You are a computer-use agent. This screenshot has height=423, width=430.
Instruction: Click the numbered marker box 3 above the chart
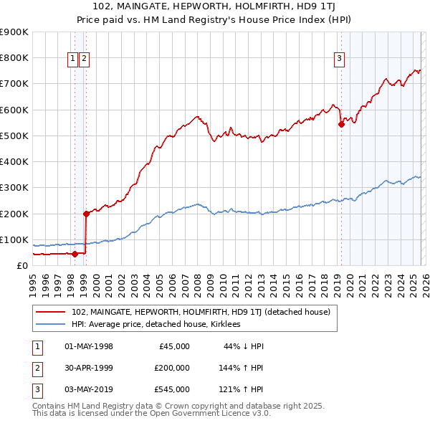(x=338, y=60)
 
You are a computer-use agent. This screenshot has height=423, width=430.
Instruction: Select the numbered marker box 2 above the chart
(x=85, y=60)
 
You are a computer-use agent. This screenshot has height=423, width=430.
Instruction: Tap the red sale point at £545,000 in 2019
(x=341, y=124)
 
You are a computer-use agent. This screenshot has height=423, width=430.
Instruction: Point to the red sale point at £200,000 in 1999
(x=86, y=213)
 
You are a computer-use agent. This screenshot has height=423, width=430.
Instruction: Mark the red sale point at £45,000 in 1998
(x=75, y=253)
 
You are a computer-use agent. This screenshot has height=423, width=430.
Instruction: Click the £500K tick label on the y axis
(x=14, y=136)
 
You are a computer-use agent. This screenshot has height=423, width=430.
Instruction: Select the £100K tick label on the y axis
(x=14, y=239)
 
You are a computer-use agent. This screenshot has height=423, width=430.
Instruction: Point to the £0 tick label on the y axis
(x=21, y=265)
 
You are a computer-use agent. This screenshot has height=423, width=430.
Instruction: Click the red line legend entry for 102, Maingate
(x=201, y=312)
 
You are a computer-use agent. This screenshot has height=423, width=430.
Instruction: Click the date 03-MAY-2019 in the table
(x=89, y=389)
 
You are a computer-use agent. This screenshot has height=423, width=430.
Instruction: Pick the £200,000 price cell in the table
(x=171, y=368)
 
